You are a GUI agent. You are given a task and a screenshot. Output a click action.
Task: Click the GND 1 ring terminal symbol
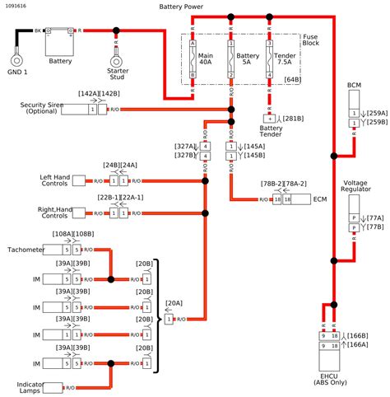coord(16,59)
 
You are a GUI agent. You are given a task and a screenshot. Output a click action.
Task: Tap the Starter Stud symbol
coord(118,54)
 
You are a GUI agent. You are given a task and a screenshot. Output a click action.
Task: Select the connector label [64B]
coord(290,79)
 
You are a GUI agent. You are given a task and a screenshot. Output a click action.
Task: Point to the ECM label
coord(320,199)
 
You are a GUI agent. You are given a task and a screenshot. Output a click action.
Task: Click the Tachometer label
coord(26,249)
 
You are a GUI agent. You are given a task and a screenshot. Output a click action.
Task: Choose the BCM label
coord(354,86)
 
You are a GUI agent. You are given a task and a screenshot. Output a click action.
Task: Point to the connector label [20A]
coord(174,303)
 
